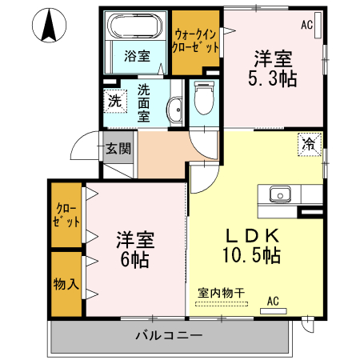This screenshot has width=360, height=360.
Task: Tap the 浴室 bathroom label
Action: tap(137, 55)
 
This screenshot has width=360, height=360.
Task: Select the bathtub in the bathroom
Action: tap(137, 28)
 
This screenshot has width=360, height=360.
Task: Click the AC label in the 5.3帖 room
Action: tap(307, 26)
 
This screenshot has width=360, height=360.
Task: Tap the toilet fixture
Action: tap(204, 99)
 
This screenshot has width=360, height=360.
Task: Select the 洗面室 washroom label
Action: tap(144, 102)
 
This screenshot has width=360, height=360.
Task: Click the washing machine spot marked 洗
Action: tap(115, 102)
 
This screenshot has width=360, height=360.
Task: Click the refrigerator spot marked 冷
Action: tap(308, 144)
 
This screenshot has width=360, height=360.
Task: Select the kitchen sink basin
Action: tap(280, 194)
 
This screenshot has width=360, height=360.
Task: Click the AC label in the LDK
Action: tap(272, 301)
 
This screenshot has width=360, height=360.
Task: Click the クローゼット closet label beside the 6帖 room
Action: tap(66, 214)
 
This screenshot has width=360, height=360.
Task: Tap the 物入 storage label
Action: tap(66, 285)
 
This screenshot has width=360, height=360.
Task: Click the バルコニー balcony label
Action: tap(168, 334)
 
